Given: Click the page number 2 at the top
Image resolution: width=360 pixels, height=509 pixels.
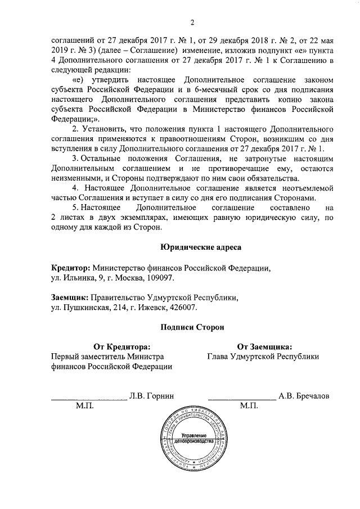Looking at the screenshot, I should click(192, 22).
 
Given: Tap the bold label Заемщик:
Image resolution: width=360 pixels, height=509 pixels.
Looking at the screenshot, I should click(69, 297).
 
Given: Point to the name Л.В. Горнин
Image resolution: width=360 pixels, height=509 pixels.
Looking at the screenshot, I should click(150, 396).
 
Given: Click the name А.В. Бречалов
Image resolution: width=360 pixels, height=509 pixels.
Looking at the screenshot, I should click(304, 396).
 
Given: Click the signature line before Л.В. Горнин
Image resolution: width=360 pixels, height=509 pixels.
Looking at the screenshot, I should click(89, 398).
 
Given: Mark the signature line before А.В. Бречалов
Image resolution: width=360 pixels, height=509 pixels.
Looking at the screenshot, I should click(242, 398).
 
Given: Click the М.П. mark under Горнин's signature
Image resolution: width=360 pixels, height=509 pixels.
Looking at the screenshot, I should click(78, 406).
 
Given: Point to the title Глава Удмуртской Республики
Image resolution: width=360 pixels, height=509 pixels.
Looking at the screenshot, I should click(263, 357).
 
